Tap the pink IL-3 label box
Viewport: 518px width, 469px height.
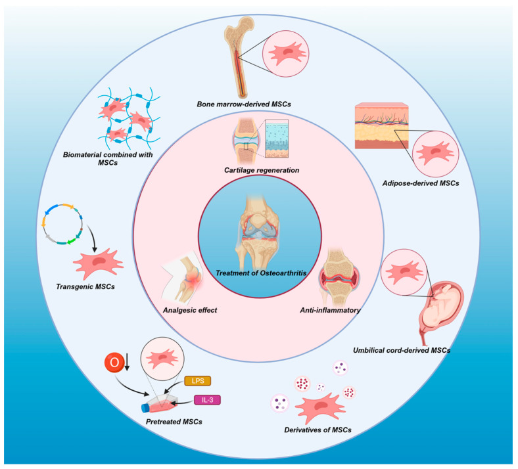tap(207, 399)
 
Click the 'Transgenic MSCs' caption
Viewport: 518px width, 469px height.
tap(83, 285)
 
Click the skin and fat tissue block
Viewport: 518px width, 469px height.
tap(381, 125)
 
